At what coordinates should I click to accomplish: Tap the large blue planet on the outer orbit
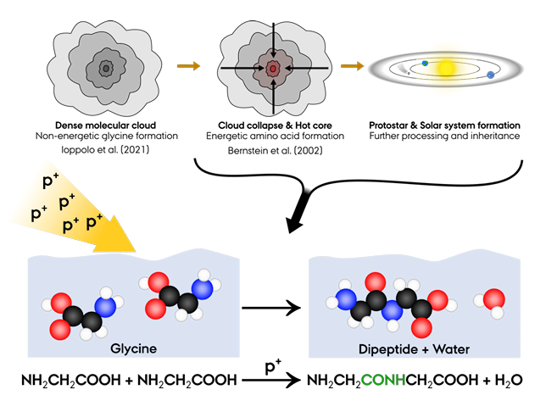coord(491,76)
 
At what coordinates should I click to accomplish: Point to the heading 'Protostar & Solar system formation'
coord(446,124)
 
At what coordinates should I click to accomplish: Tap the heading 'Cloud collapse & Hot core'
coord(273,124)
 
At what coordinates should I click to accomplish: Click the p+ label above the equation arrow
coord(273,365)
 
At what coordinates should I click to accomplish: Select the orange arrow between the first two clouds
coord(190,65)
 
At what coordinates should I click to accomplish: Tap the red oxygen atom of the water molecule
coord(493,300)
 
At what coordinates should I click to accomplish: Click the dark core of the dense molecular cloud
coord(106,67)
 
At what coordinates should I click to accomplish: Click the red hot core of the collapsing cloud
coord(273,67)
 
